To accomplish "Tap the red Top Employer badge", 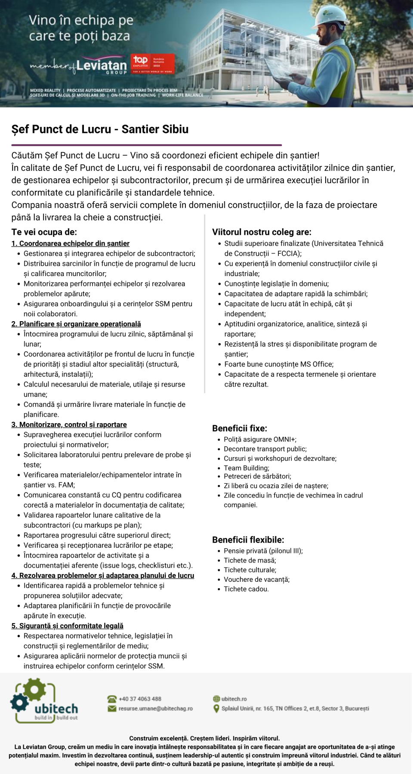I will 152,64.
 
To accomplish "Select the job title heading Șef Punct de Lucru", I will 100,129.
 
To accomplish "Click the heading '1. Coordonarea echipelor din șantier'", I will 70,244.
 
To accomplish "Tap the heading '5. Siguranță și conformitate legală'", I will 67,626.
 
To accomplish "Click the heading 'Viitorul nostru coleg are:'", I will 262,232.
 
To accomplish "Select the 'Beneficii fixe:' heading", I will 240,428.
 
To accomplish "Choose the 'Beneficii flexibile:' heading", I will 248,540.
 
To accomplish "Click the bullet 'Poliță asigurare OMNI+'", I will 260,439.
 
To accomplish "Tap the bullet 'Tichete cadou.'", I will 246,589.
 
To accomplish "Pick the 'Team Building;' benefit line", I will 247,468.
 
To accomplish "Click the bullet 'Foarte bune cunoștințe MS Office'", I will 279,364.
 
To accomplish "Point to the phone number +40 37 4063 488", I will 140,699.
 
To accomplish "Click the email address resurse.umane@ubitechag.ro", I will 155,709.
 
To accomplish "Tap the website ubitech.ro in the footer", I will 234,699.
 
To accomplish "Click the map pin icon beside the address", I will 216,709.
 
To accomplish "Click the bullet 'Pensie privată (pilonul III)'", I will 263,551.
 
